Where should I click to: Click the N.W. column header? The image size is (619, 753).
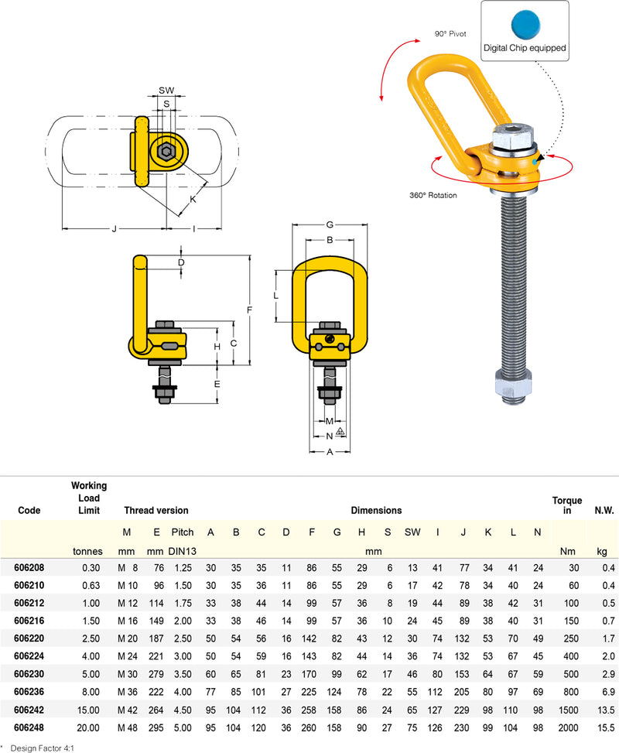click(x=604, y=510)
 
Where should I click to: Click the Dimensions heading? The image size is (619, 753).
click(x=376, y=510)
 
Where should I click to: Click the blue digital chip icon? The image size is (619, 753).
click(x=525, y=22)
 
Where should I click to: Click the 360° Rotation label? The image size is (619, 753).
click(x=433, y=196)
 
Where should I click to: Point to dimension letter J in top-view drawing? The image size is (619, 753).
click(x=114, y=228)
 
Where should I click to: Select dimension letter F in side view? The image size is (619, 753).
click(x=249, y=310)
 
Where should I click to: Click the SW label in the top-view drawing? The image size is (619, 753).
click(x=166, y=90)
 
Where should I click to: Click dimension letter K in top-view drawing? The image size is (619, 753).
click(x=193, y=199)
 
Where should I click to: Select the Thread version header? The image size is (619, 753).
click(x=156, y=510)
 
